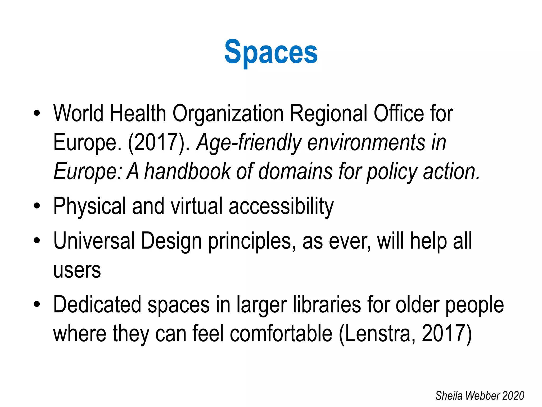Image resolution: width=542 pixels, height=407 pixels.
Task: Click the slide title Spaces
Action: coord(271,52)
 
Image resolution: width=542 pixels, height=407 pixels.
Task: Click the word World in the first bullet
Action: coord(78,113)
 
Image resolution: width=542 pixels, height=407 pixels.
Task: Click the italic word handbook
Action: coord(187,172)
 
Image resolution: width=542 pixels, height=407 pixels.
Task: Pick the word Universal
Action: coord(94,241)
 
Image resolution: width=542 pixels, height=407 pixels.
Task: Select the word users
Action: coord(77,270)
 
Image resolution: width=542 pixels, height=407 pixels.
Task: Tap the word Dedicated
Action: coord(97,305)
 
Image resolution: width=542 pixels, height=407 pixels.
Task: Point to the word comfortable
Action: coord(281,333)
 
